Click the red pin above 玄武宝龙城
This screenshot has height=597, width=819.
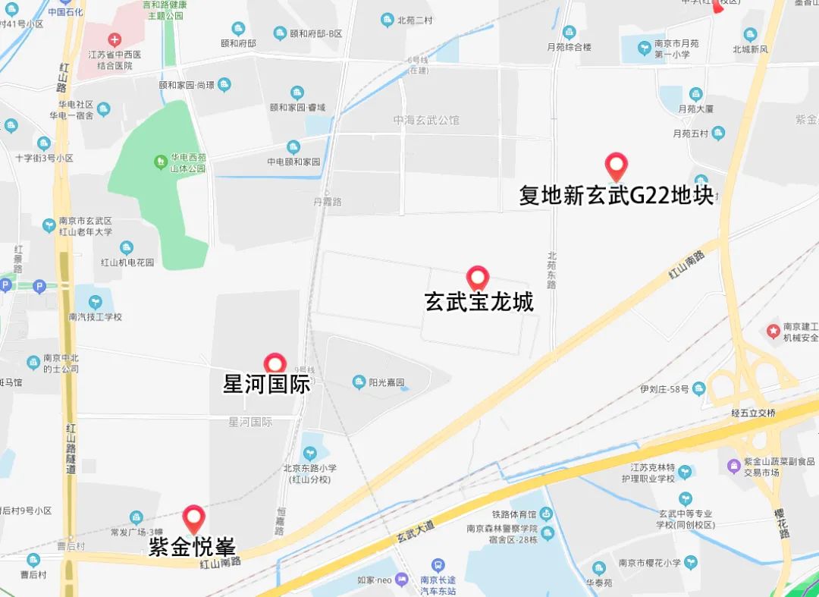[477, 278]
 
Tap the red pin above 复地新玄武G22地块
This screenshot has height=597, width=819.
[616, 165]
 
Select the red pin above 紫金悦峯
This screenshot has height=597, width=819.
[194, 518]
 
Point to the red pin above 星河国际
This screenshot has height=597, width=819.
[274, 364]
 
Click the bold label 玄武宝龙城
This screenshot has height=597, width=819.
[479, 302]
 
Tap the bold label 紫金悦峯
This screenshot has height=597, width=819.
[192, 546]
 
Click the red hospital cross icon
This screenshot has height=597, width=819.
[114, 39]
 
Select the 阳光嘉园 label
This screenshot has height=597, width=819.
[387, 382]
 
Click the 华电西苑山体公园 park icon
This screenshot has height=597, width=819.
[160, 162]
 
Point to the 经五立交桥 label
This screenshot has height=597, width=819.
[753, 413]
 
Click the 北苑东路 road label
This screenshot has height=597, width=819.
[551, 270]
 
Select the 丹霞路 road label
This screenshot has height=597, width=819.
[327, 202]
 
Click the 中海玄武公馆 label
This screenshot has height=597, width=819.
[426, 120]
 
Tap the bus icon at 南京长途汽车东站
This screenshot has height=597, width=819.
[438, 565]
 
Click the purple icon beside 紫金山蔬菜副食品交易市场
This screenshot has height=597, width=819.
[733, 466]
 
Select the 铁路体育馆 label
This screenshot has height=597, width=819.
[513, 515]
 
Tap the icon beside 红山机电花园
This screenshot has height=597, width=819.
[126, 248]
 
